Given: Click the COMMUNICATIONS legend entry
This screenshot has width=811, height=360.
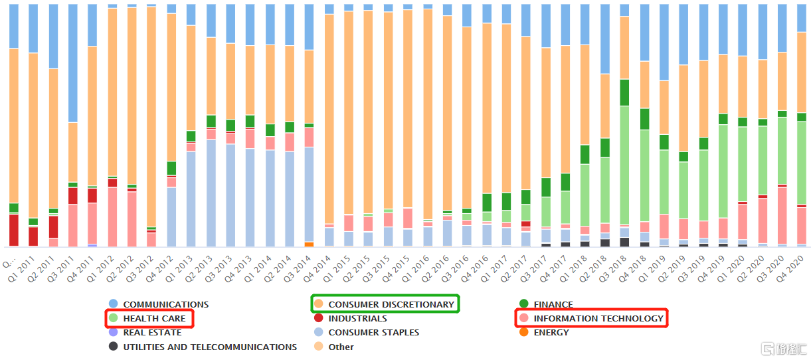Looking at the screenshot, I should (165, 304).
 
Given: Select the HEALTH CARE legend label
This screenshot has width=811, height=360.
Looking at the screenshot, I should (154, 319).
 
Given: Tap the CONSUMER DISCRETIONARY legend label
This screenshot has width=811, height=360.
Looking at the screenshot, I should (391, 304).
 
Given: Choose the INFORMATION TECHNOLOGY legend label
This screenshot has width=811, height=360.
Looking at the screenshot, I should (598, 319).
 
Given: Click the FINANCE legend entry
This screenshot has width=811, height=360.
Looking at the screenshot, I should (553, 304).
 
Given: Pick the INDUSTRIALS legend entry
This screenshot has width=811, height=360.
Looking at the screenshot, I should (357, 319).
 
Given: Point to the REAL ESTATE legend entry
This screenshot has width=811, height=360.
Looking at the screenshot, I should (153, 333).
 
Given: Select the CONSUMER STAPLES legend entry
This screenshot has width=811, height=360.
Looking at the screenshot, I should (373, 333).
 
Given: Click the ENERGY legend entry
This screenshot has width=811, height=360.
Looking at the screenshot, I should (551, 333).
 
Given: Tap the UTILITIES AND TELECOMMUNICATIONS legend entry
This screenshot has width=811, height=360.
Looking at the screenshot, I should (209, 347).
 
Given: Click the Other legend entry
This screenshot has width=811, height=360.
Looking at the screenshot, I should (341, 347).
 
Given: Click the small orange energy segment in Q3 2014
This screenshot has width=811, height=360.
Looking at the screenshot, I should (309, 244).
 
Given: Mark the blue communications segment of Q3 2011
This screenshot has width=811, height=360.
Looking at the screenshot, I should (72, 63).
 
